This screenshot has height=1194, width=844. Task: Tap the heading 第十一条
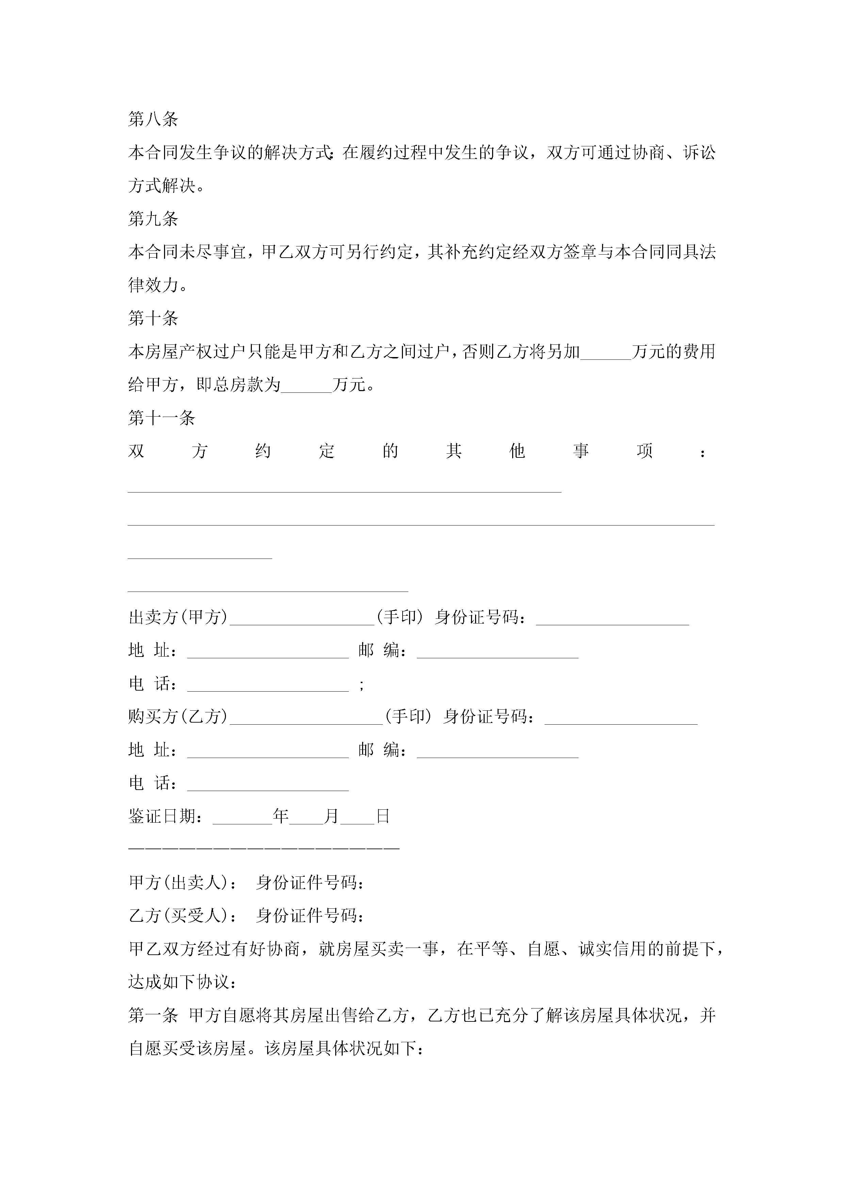161,418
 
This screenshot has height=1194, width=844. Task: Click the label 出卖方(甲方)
178,617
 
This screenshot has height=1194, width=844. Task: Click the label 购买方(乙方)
178,716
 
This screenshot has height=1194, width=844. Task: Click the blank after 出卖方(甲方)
302,619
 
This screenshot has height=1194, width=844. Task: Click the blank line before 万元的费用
605,354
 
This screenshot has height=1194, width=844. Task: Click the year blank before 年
242,818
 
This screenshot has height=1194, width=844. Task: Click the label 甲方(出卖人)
178,883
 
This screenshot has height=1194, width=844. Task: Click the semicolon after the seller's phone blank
361,685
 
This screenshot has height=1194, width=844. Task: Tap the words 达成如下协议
178,982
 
